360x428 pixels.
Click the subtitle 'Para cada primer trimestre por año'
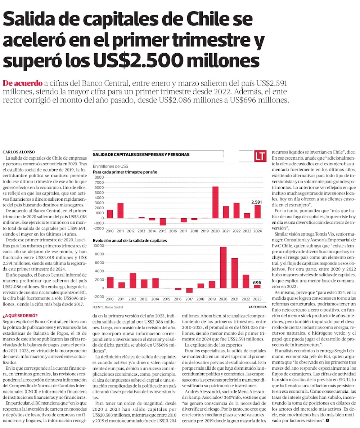tap(125, 173)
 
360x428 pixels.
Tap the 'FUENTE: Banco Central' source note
tap(108, 307)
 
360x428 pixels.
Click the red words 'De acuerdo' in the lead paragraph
tap(22, 83)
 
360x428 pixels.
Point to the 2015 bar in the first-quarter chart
tap(163, 222)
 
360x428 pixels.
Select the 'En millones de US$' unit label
tap(111, 166)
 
